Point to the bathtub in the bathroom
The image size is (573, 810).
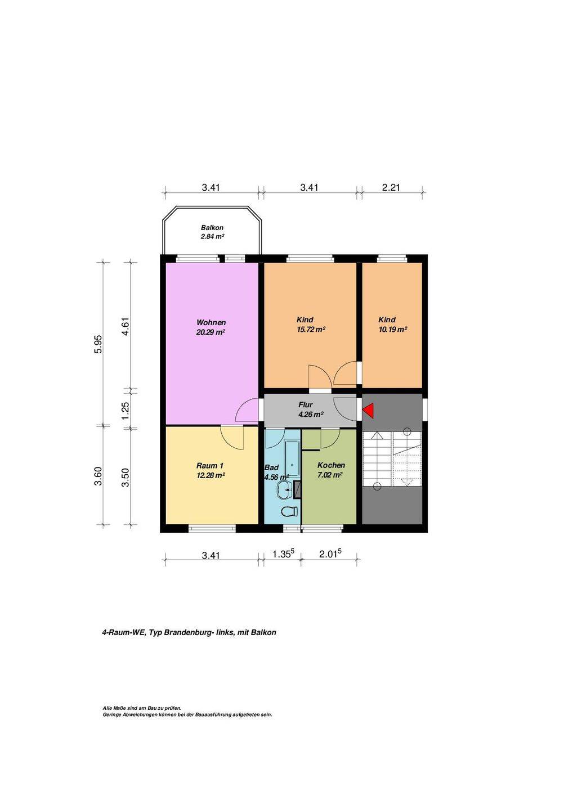(292, 458)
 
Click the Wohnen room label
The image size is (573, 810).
(211, 322)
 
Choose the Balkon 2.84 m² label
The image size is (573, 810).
(212, 232)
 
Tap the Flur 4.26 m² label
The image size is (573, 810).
(310, 409)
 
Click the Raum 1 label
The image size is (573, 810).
(210, 465)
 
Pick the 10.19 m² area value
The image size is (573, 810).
(392, 330)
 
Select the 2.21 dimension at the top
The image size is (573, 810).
(391, 187)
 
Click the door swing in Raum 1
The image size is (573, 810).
(232, 438)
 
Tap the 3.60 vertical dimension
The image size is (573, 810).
(99, 476)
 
